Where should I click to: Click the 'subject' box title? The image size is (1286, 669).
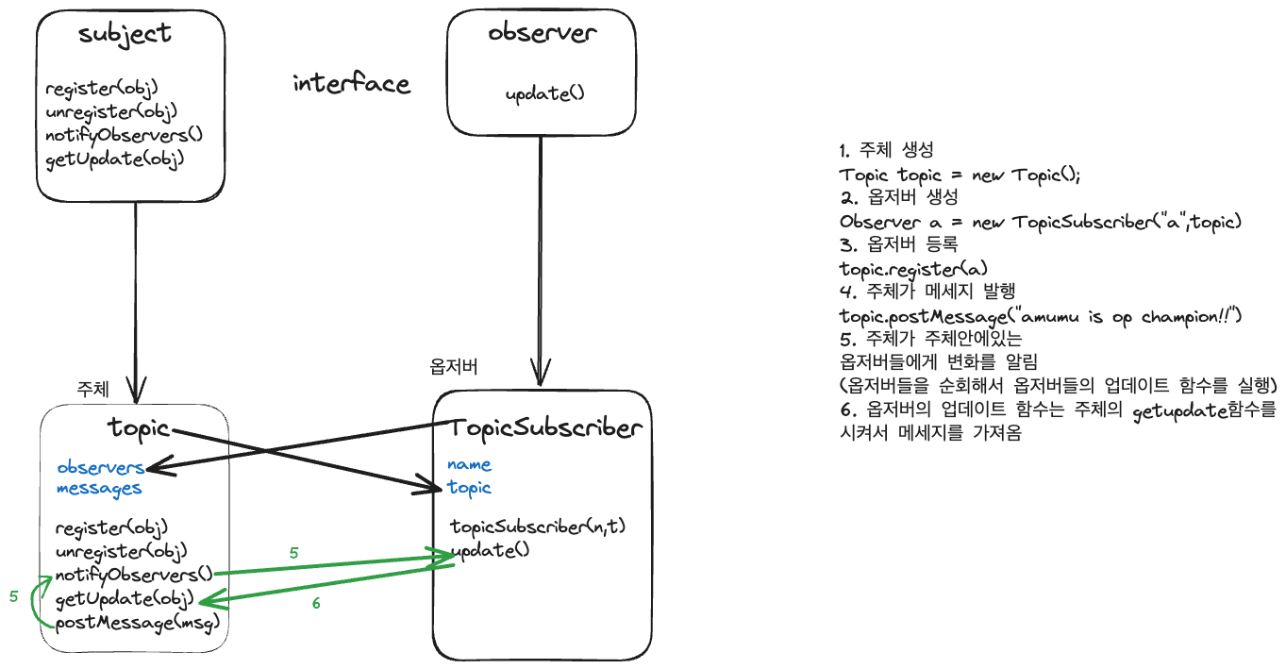pos(125,34)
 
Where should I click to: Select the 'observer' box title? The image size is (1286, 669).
pos(542,33)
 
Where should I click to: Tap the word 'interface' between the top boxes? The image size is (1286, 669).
pos(351,84)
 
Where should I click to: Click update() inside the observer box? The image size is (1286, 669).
pos(544,94)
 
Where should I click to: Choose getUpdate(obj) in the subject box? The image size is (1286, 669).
pos(115,157)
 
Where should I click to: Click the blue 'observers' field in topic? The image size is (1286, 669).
pos(100,467)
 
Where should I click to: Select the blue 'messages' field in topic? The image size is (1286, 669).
pos(99,488)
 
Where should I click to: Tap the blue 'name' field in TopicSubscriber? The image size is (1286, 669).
pos(469,464)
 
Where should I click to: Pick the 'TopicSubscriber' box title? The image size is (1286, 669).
pos(547,428)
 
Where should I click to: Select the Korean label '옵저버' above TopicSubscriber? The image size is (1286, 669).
pos(454,367)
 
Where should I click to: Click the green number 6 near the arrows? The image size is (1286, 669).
pos(316,604)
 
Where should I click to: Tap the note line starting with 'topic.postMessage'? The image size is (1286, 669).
pos(1041,315)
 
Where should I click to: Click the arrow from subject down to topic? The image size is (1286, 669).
pos(137,302)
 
